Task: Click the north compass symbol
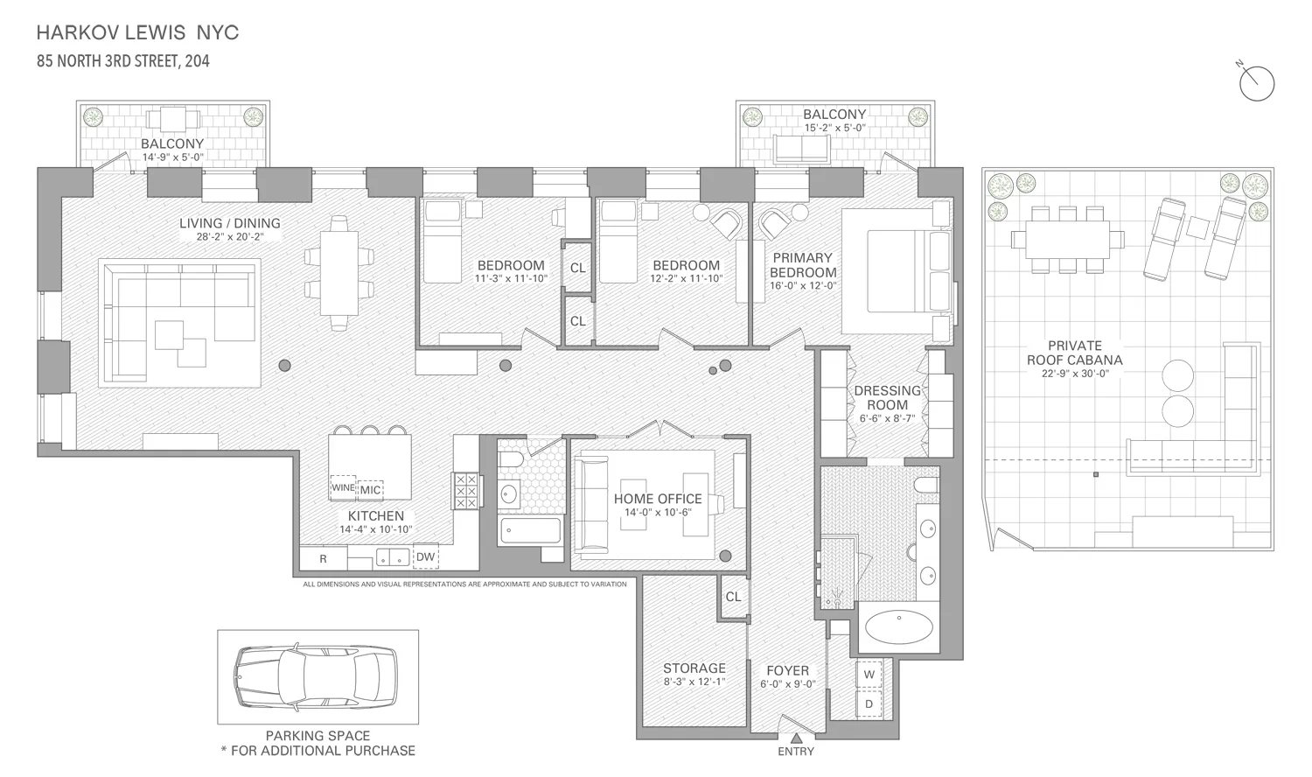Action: [1257, 82]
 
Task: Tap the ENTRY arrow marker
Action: [795, 738]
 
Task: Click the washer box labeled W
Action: [869, 675]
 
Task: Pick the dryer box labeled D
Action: [869, 703]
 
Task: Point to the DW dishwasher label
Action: [425, 556]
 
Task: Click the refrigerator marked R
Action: [323, 558]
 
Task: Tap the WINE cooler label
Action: [343, 488]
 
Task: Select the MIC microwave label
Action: [371, 490]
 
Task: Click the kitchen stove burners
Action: [465, 491]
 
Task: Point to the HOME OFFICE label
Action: [658, 499]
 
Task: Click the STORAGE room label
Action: [694, 668]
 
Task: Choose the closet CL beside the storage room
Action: [733, 597]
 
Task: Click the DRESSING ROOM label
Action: [887, 397]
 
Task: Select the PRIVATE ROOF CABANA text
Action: [1074, 353]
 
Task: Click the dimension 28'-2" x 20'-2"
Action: [229, 236]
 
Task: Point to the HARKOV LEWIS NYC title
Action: [137, 33]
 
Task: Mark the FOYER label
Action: [787, 670]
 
